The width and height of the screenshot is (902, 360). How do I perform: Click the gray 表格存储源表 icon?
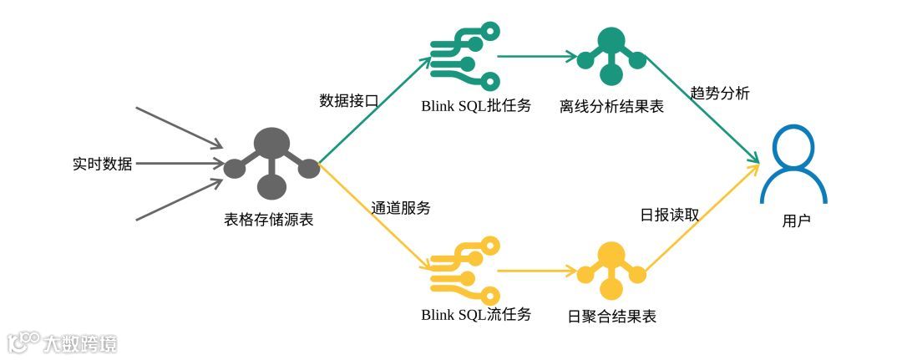pyautogui.click(x=271, y=163)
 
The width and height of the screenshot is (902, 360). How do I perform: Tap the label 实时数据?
pyautogui.click(x=102, y=164)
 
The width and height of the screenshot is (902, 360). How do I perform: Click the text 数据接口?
pyautogui.click(x=349, y=100)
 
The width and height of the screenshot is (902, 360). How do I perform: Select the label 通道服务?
pyautogui.click(x=401, y=208)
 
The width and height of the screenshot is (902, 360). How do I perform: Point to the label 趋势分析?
pyautogui.click(x=719, y=94)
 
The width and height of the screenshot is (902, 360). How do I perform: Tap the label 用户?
pyautogui.click(x=796, y=221)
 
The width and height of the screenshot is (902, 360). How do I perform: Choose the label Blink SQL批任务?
pyautogui.click(x=476, y=106)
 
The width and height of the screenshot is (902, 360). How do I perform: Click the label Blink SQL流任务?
pyautogui.click(x=476, y=315)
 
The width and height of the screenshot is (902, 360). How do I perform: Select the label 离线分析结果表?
pyautogui.click(x=612, y=106)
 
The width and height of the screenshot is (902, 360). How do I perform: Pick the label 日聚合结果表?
pyautogui.click(x=612, y=317)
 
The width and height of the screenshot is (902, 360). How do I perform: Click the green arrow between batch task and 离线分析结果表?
pyautogui.click(x=537, y=58)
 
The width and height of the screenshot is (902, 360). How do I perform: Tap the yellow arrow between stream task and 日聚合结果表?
pyautogui.click(x=537, y=271)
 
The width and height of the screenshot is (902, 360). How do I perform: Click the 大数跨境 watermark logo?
pyautogui.click(x=63, y=342)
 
